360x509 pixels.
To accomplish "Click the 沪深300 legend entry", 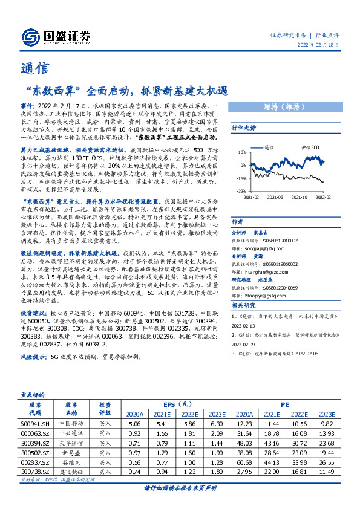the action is [303, 147].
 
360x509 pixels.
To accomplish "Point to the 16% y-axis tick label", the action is [242, 152].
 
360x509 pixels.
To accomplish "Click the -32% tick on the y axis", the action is [241, 191].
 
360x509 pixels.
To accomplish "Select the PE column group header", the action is [285, 404].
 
